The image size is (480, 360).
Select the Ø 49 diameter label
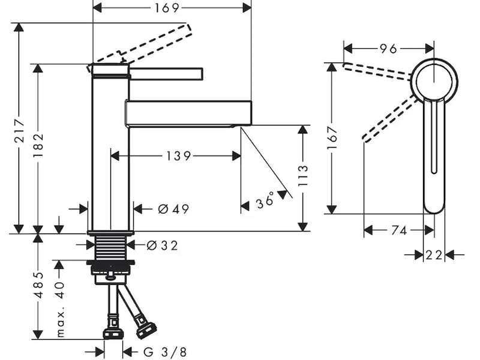click(173, 209)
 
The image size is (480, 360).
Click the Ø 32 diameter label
click(162, 245)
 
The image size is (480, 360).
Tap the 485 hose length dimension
click(38, 287)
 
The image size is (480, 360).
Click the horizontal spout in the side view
click(187, 113)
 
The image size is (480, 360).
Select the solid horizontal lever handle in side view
click(167, 73)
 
